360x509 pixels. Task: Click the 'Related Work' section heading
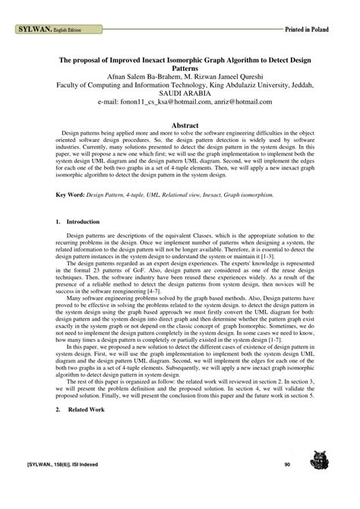(84, 409)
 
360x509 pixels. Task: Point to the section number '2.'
(59, 409)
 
